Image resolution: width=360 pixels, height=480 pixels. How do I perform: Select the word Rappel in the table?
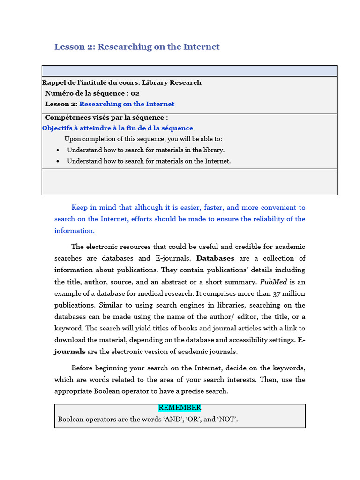53,82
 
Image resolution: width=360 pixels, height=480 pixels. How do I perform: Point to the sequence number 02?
135,93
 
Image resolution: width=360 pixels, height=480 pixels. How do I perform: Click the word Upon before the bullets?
73,139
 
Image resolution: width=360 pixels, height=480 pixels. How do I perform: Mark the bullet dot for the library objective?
57,150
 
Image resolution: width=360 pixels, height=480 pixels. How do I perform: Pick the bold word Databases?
215,258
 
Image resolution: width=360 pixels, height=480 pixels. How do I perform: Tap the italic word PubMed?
271,282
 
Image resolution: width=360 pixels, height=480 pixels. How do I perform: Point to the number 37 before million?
277,293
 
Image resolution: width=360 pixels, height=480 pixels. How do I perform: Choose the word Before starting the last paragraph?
84,368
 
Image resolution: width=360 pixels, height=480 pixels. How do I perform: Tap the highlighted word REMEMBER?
180,408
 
